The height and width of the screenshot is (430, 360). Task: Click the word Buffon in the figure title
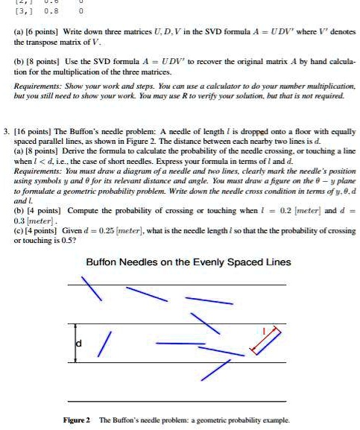[x=106, y=262]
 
